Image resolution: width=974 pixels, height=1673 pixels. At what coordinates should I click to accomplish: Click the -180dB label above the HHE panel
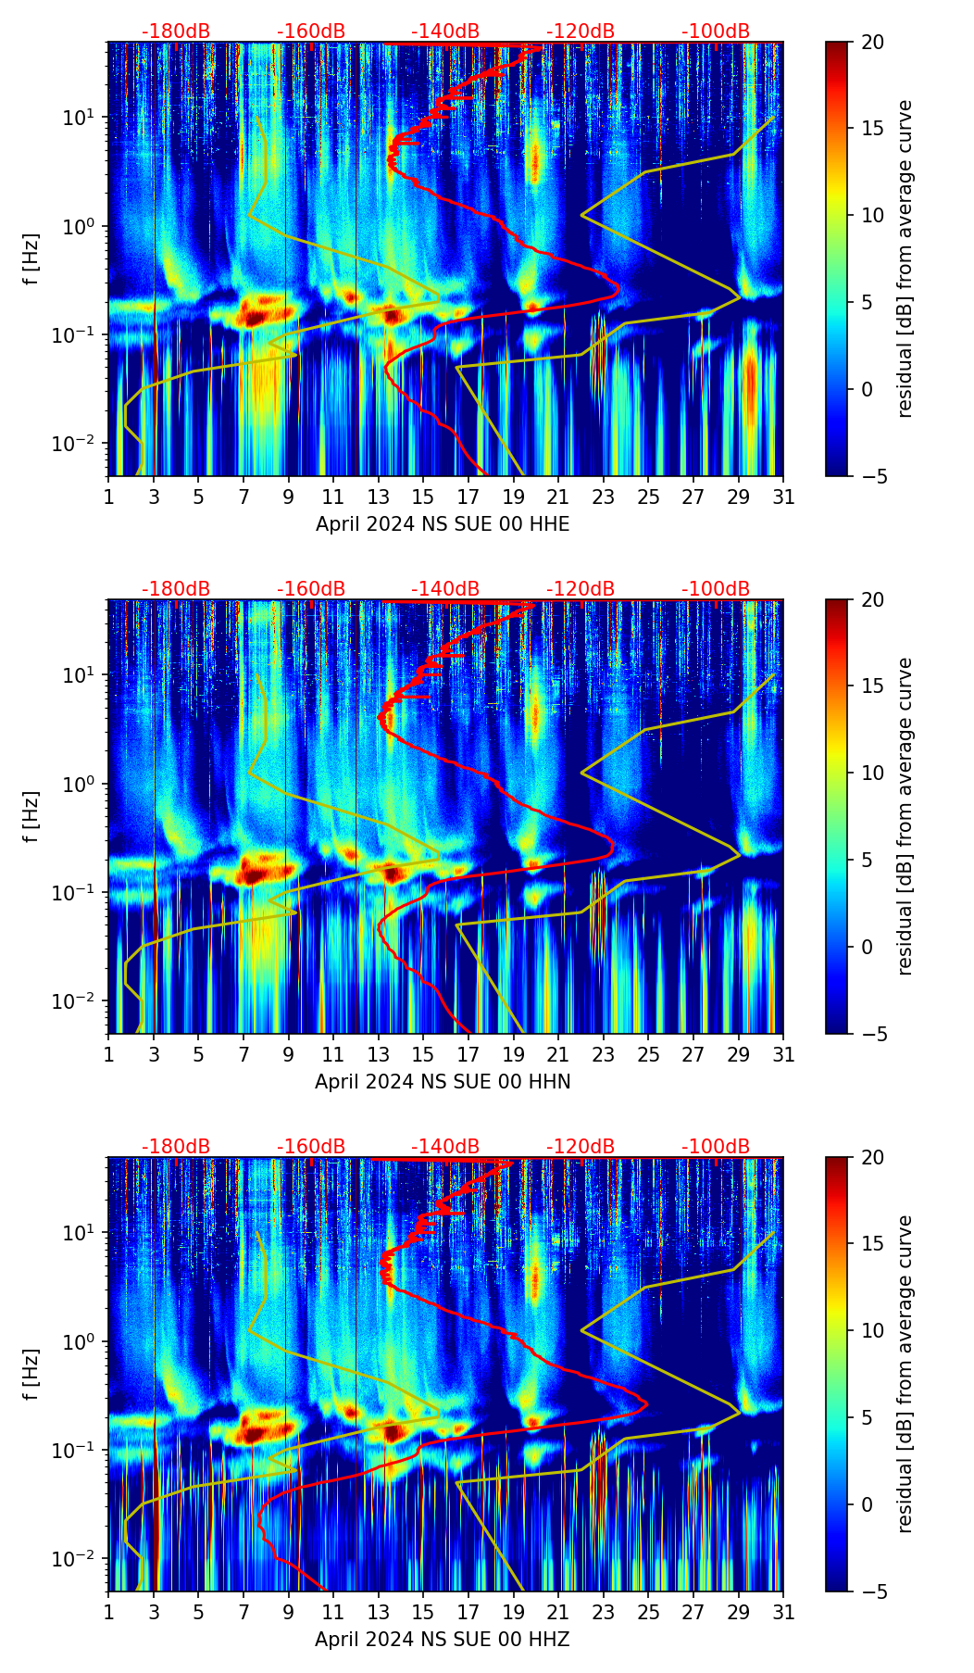(x=176, y=31)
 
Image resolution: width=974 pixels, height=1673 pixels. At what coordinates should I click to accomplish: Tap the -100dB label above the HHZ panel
(x=716, y=1147)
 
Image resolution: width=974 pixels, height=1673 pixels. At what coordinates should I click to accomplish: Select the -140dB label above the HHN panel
(x=445, y=589)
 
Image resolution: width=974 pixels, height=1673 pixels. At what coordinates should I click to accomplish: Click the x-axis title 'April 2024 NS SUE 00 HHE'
(x=443, y=524)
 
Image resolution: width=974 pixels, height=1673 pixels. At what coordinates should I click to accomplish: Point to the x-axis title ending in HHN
(x=443, y=1082)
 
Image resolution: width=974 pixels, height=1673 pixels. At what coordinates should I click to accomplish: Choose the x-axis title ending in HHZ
(x=443, y=1640)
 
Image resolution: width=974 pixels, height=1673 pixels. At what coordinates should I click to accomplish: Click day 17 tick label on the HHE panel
(x=468, y=497)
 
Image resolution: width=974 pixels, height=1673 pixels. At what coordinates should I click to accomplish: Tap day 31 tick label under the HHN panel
(x=783, y=1055)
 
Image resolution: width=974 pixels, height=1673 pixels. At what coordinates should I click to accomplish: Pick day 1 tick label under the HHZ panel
(x=108, y=1613)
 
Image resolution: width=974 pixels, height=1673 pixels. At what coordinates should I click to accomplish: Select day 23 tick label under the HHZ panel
(x=604, y=1613)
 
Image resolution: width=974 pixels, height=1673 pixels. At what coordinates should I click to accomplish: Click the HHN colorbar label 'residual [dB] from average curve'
(x=905, y=816)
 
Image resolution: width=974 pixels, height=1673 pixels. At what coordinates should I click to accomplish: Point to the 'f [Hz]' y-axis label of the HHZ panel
(x=32, y=1374)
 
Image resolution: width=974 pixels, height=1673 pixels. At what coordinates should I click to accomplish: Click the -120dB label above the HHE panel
(x=581, y=31)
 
